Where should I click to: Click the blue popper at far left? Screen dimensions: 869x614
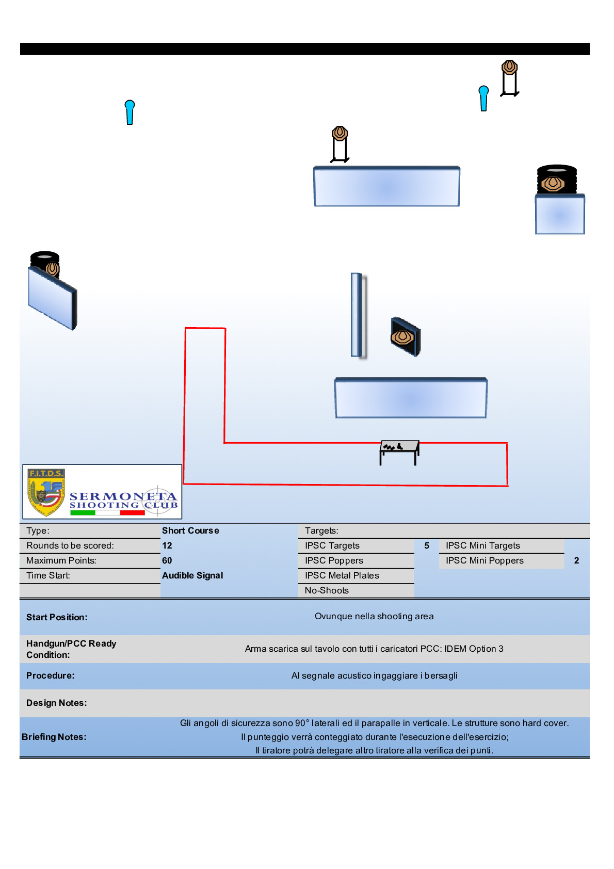click(x=130, y=112)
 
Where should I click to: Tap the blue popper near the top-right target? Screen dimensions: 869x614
click(x=483, y=98)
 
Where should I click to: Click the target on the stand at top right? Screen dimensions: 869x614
click(x=509, y=68)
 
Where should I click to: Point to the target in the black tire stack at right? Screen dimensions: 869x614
click(x=553, y=183)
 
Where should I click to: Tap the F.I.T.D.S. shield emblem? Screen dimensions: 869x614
click(x=46, y=492)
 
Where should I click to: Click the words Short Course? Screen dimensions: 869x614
click(x=190, y=530)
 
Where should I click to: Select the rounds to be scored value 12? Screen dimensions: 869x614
click(x=167, y=545)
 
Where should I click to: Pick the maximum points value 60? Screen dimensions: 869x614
click(x=167, y=560)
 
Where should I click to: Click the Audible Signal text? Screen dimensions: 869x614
click(x=192, y=575)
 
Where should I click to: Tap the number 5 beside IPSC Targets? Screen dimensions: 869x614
click(x=427, y=545)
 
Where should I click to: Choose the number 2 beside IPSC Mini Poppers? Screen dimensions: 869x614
click(x=576, y=560)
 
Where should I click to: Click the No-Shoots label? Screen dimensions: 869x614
click(x=327, y=590)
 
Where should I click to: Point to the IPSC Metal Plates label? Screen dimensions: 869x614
click(x=342, y=575)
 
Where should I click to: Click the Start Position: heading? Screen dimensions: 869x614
click(x=57, y=617)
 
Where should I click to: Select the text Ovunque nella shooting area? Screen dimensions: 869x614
click(x=374, y=616)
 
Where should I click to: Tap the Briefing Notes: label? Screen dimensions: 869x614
click(x=54, y=737)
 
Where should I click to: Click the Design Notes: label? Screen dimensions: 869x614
click(x=57, y=703)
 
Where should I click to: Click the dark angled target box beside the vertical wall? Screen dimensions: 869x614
click(x=405, y=337)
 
